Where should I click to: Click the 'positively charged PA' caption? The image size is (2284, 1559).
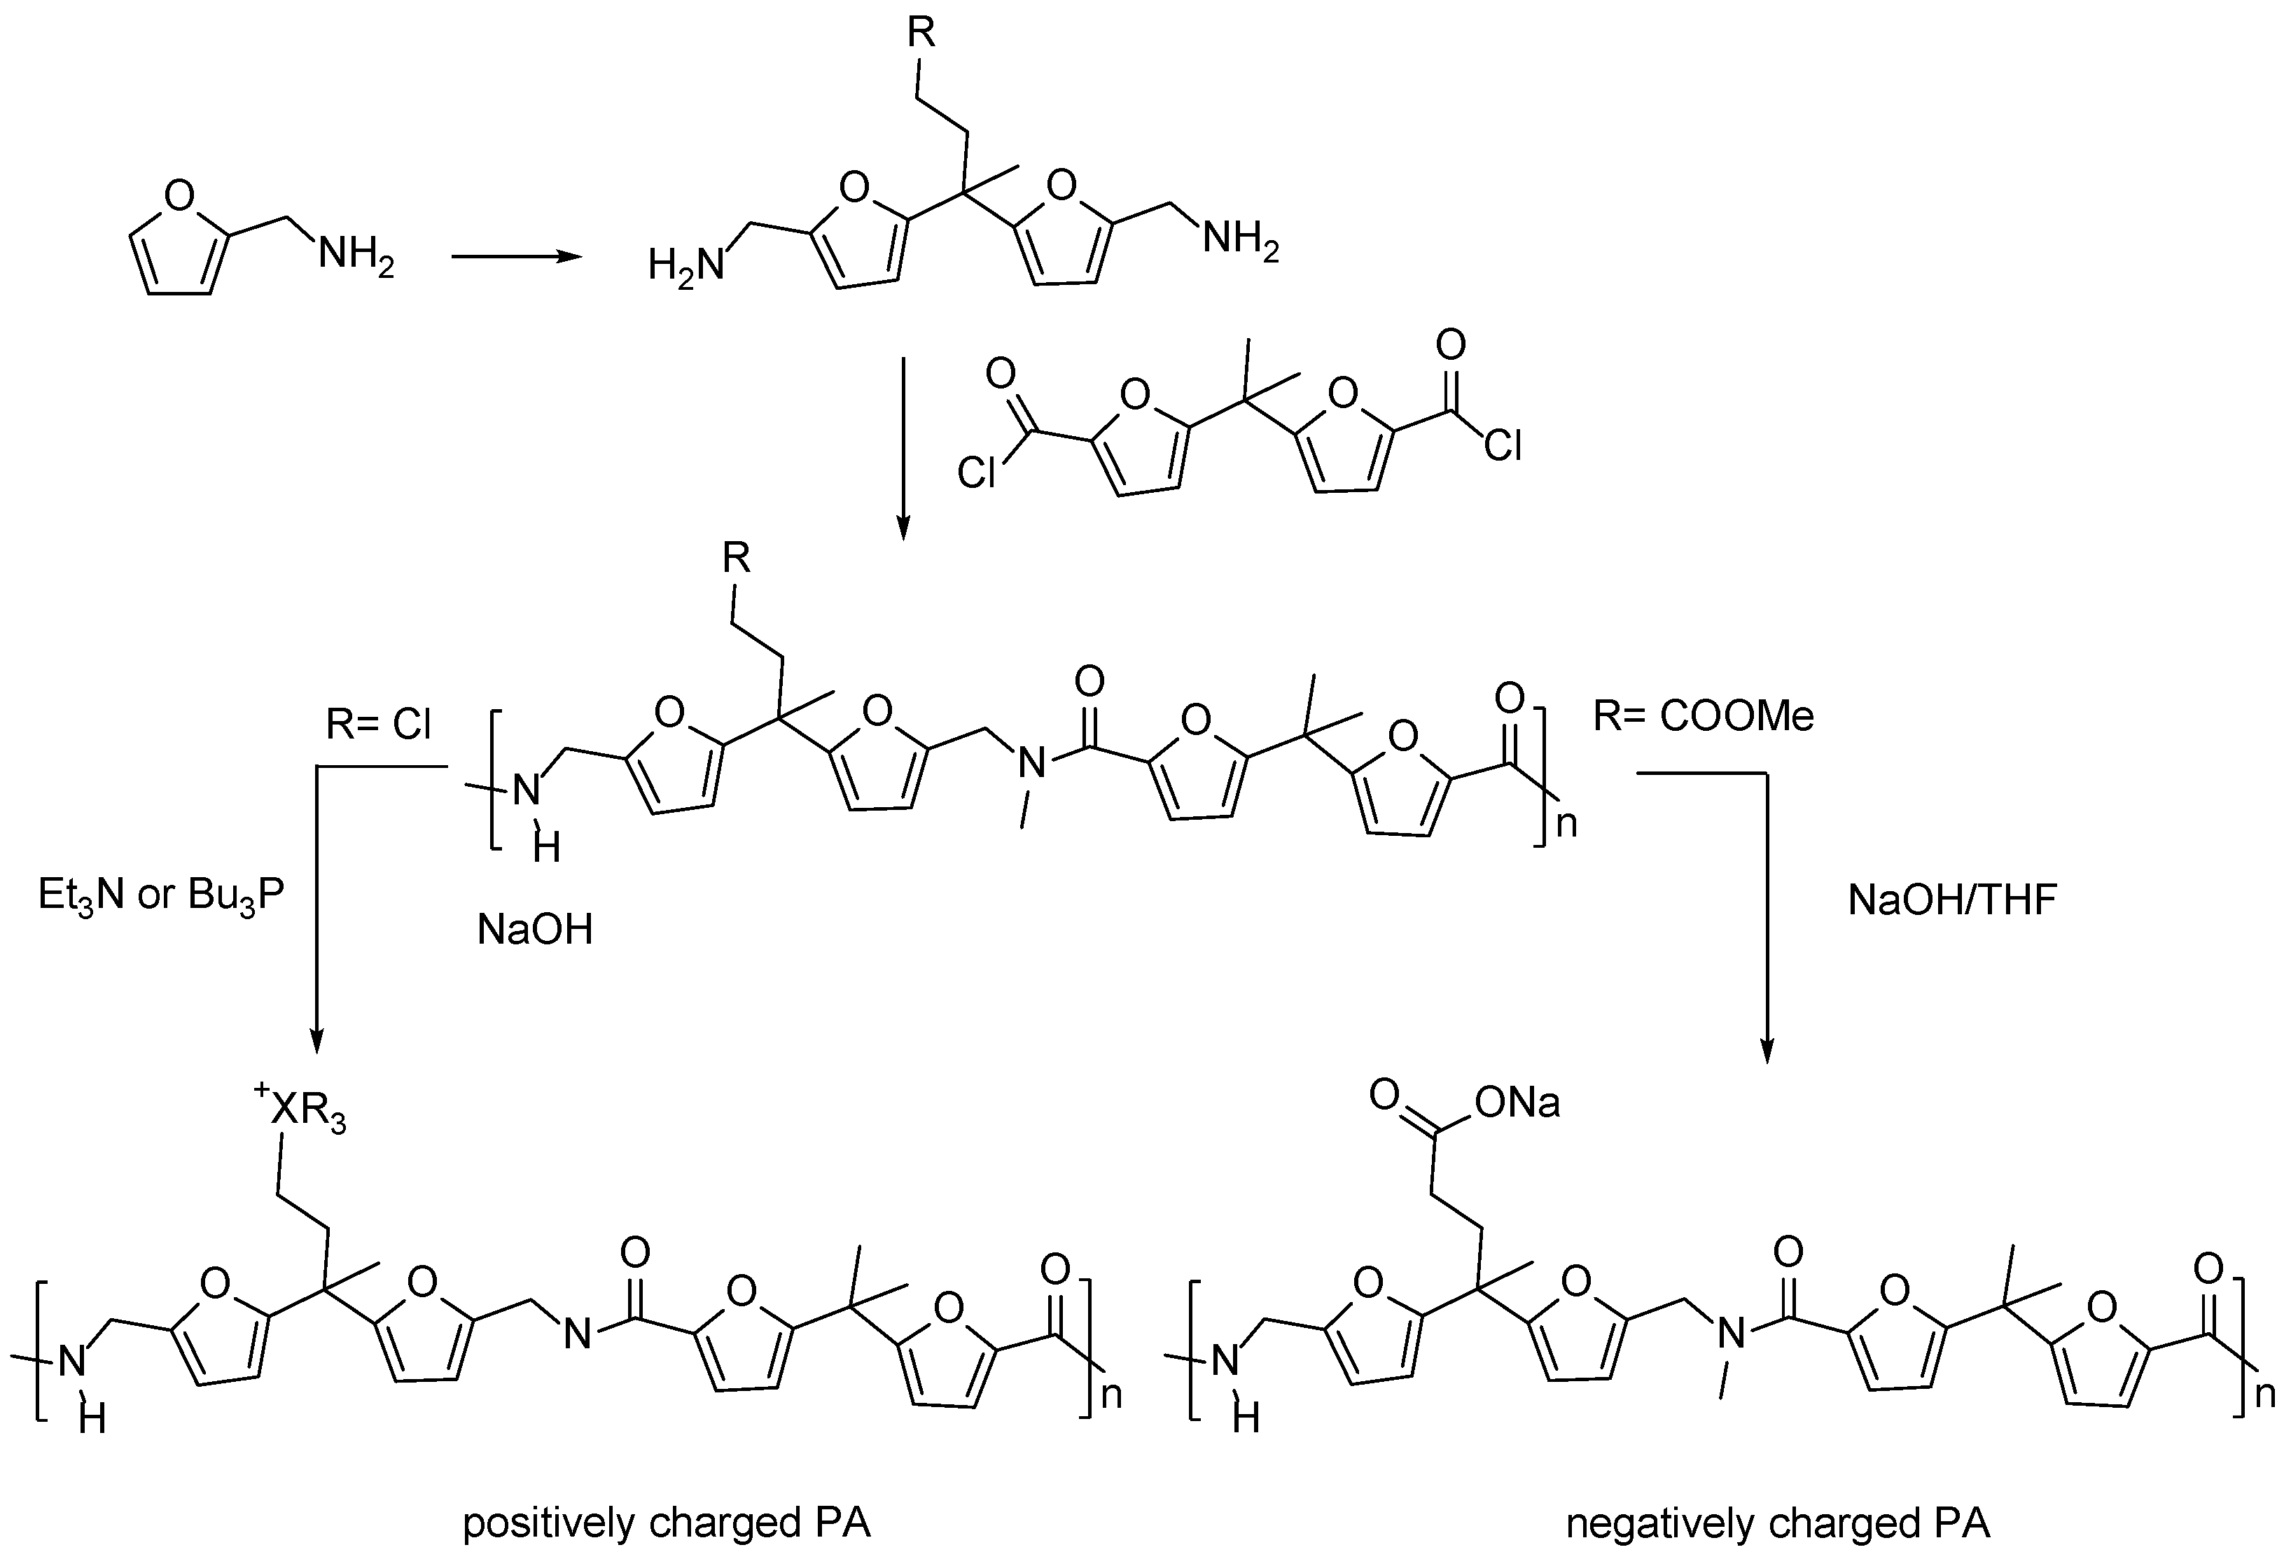point(667,1523)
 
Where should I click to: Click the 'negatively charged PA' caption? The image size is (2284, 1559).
point(1778,1523)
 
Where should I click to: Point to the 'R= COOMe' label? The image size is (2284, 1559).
point(1703,716)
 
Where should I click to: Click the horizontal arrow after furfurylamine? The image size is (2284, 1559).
point(515,258)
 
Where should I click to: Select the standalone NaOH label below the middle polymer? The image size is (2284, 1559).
point(536,929)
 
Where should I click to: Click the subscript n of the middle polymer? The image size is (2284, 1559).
point(1566,823)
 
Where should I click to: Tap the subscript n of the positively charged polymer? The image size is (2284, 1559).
point(1110,1395)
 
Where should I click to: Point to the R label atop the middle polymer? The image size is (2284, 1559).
point(736,558)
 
